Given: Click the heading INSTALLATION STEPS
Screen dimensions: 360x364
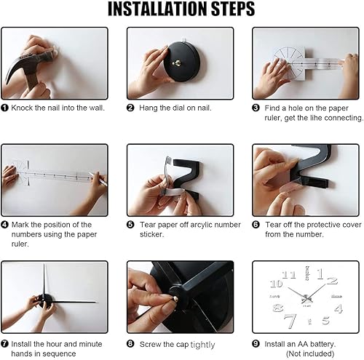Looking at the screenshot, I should click(181, 9).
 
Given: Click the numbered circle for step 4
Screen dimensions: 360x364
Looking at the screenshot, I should click(5, 225).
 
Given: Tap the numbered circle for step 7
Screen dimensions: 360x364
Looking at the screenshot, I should click(5, 343).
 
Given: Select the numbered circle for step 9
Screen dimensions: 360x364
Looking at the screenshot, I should click(256, 343).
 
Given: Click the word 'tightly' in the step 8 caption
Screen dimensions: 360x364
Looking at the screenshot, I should click(203, 344).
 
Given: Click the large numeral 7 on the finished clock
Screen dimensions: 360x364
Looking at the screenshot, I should click(290, 320).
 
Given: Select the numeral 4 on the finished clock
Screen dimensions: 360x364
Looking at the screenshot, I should click(338, 309).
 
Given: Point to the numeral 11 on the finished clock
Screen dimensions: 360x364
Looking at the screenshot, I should click(289, 275).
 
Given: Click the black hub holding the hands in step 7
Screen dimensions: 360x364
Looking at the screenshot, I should click(45, 300).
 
